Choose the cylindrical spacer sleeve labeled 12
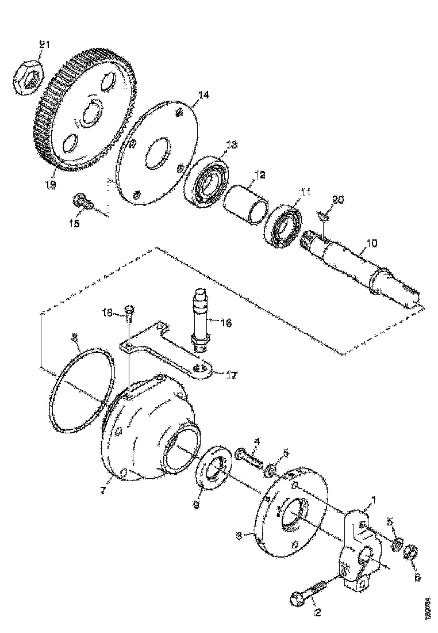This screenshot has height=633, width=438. point(245,203)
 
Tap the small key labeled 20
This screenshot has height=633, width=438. point(323,216)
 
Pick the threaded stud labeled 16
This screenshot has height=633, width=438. point(199,318)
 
